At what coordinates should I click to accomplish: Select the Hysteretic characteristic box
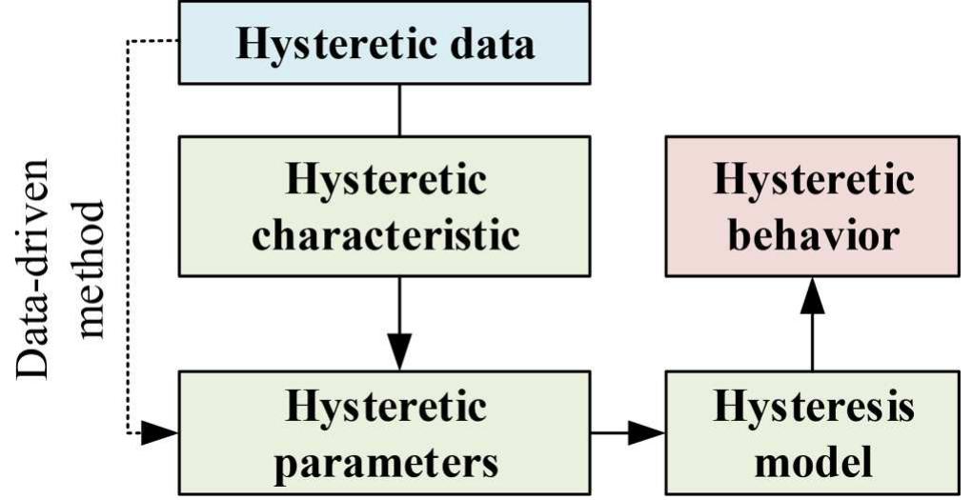point(385,206)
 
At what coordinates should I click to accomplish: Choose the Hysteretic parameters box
point(385,433)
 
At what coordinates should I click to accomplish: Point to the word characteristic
point(385,234)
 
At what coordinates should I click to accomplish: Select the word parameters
point(385,463)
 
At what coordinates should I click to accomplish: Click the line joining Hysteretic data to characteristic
point(399,110)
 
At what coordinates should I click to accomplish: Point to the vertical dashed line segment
point(129,238)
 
